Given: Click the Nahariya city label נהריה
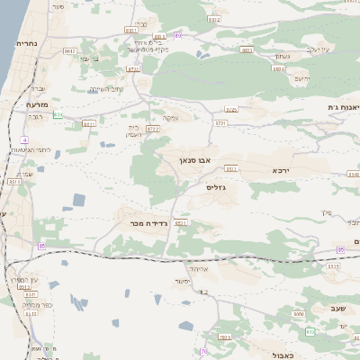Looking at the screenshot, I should (x=24, y=43).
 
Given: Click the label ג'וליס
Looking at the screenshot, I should (x=217, y=187).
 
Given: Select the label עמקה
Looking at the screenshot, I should (x=169, y=118).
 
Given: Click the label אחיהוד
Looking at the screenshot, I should (x=195, y=268).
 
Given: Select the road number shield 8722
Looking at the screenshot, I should (x=153, y=129).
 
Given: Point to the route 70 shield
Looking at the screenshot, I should (x=203, y=351).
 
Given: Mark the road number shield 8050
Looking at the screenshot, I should (x=299, y=314).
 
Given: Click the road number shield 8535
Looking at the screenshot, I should (x=334, y=266).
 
